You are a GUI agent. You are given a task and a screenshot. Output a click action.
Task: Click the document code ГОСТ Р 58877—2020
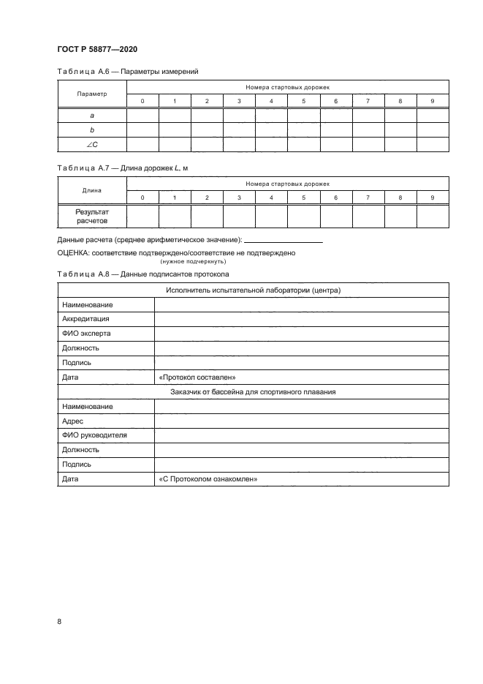[96, 49]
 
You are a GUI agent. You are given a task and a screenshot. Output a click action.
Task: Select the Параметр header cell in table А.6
[92, 94]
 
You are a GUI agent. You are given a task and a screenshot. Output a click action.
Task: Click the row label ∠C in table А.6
[92, 144]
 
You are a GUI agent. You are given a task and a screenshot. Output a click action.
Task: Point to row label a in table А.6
[92, 115]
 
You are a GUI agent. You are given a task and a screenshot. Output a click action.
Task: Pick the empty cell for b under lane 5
[303, 129]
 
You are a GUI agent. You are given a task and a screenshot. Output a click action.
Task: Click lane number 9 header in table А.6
[432, 100]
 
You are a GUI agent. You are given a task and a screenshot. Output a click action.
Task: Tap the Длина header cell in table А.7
[92, 190]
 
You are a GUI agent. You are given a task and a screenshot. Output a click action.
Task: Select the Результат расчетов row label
[92, 216]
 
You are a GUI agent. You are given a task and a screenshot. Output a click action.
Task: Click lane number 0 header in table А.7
[142, 198]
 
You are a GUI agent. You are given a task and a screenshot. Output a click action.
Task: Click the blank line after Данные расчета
[284, 240]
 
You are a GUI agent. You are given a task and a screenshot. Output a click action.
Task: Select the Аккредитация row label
[85, 319]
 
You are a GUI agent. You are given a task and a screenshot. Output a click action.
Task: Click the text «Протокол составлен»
[196, 377]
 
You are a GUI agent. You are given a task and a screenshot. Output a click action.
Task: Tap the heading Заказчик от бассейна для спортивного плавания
[253, 391]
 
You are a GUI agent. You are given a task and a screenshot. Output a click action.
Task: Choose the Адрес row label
[74, 421]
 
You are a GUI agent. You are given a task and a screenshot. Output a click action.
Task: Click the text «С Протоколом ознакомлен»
[208, 479]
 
